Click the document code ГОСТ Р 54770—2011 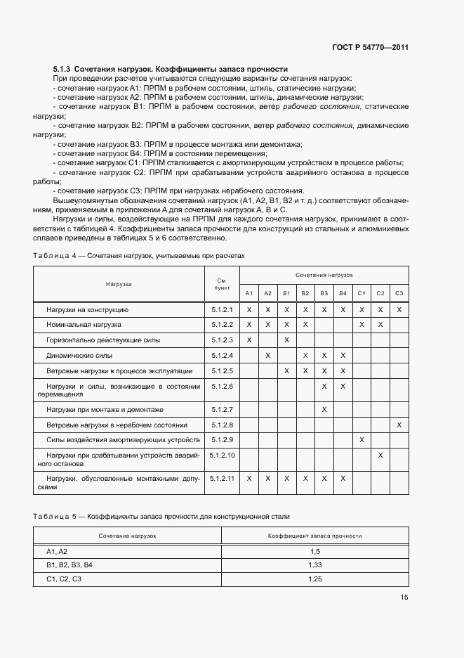click(371, 48)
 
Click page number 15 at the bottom click(404, 598)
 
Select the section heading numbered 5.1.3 click(171, 69)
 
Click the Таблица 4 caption click(139, 256)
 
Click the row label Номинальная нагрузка click(84, 325)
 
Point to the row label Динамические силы click(79, 355)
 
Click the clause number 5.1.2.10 click(222, 455)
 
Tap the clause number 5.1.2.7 click(222, 409)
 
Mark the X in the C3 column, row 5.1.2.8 click(399, 425)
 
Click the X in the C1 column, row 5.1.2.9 click(362, 439)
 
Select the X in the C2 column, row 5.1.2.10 click(380, 456)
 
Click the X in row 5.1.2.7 click(324, 409)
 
